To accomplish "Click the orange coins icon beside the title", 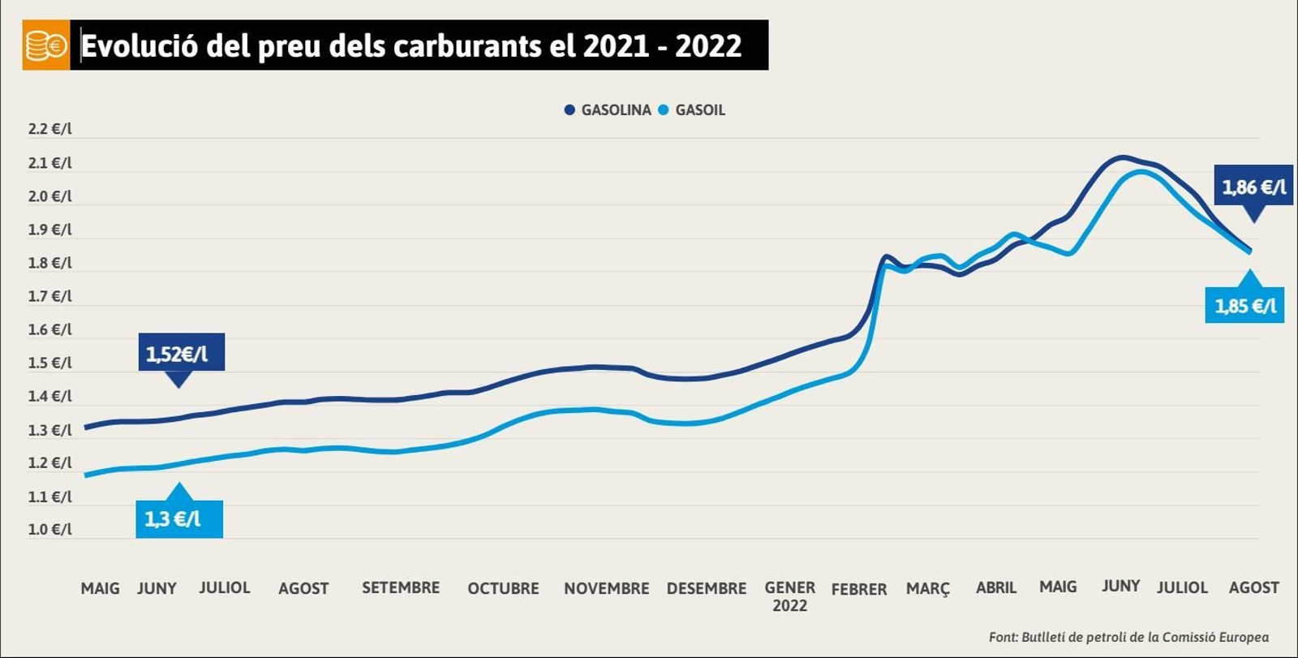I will pos(45,45).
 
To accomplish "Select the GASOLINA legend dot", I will pos(569,110).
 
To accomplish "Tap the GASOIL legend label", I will pos(699,110).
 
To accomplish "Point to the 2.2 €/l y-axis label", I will pos(49,129).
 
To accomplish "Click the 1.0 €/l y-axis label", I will pos(49,529).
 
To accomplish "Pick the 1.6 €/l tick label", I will pos(49,329).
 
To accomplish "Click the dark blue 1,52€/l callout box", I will pos(180,353).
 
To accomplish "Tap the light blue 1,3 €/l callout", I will pos(178,519).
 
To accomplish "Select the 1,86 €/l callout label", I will pos(1253,187).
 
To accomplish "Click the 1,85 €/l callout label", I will pos(1244,306).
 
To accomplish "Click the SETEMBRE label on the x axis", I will pos(401,587).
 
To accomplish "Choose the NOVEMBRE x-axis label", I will pos(606,588).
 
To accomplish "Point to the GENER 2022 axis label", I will pos(789,596).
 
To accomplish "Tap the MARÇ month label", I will pos(927,588).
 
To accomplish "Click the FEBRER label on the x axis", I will pos(859,589).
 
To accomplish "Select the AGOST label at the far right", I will pos(1253,587).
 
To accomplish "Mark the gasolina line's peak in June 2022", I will pos(1124,157).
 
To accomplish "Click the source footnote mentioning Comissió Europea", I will pos(1128,637).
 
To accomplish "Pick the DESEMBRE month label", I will pos(706,588).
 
